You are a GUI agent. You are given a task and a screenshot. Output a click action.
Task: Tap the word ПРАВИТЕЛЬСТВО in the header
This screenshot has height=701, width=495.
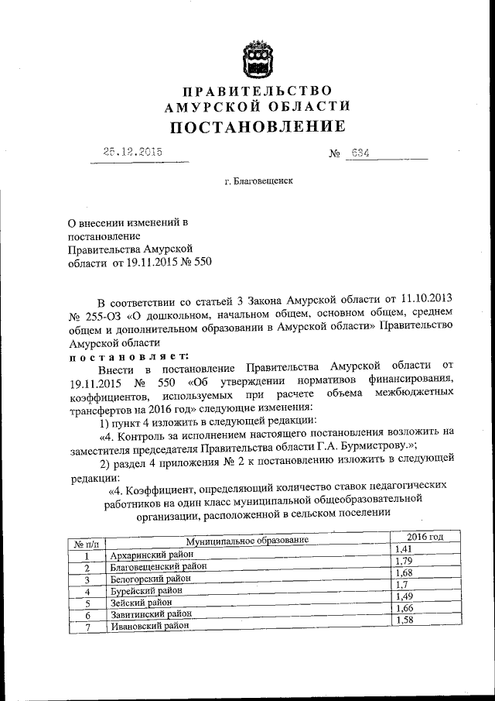tap(254, 91)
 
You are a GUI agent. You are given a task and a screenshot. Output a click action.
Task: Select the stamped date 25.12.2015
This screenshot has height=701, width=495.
tap(132, 152)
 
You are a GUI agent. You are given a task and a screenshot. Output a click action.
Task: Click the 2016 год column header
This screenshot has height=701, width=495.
tap(425, 536)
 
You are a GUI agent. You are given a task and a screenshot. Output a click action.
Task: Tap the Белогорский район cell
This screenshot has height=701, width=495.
tap(150, 578)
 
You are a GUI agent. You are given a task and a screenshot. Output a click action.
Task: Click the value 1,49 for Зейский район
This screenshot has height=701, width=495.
tap(405, 596)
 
